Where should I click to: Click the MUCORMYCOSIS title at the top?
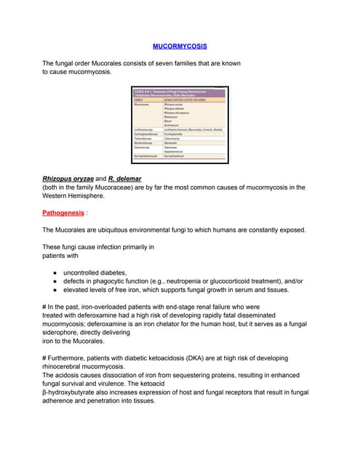180,46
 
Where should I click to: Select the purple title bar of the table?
179,94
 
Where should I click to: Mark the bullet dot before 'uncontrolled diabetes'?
55,272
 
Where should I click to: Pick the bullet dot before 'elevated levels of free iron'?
55,289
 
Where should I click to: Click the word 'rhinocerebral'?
65,368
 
